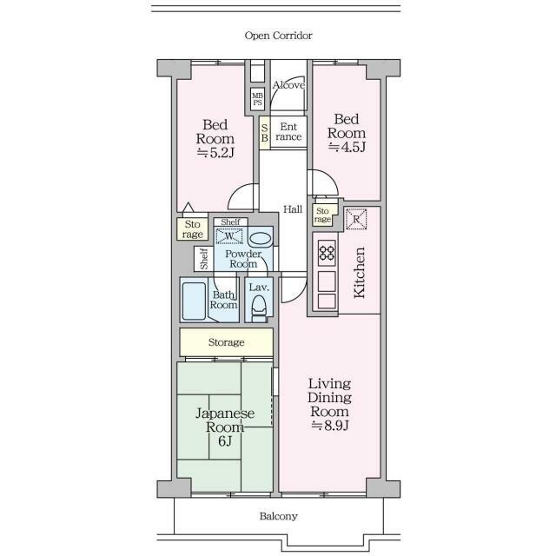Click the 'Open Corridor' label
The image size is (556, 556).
pyautogui.click(x=278, y=36)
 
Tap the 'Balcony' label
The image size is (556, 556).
pyautogui.click(x=278, y=516)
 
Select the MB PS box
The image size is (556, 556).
pyautogui.click(x=257, y=99)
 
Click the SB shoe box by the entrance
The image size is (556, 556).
pyautogui.click(x=264, y=133)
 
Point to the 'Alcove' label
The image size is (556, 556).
pyautogui.click(x=288, y=85)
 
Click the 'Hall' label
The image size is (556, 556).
pyautogui.click(x=293, y=209)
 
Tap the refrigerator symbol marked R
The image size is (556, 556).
pyautogui.click(x=356, y=219)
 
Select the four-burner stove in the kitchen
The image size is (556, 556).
pyautogui.click(x=327, y=253)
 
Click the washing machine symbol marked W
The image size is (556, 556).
pyautogui.click(x=229, y=236)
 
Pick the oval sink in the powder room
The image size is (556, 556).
pyautogui.click(x=260, y=240)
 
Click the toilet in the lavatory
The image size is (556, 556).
pyautogui.click(x=259, y=308)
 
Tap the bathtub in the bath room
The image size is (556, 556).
pyautogui.click(x=194, y=301)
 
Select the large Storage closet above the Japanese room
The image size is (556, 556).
pyautogui.click(x=226, y=342)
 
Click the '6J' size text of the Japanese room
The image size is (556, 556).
pyautogui.click(x=225, y=441)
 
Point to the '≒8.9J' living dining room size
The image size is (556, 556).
pyautogui.click(x=330, y=425)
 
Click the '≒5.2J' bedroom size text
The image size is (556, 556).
pyautogui.click(x=215, y=153)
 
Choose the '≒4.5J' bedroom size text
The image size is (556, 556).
pyautogui.click(x=347, y=147)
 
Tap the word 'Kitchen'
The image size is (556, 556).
pyautogui.click(x=359, y=273)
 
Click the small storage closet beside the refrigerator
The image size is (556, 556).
pyautogui.click(x=322, y=215)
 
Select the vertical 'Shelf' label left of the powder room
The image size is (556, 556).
pyautogui.click(x=203, y=259)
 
